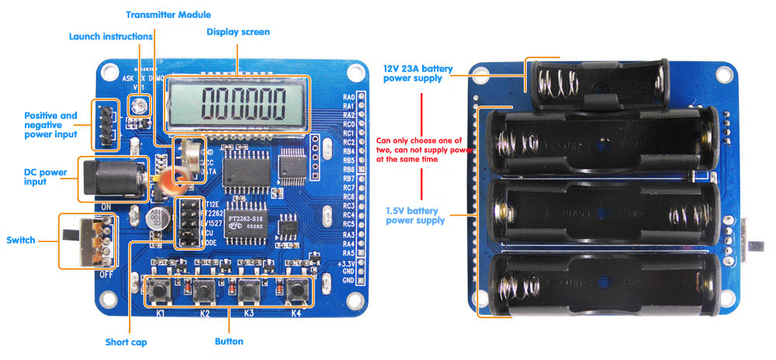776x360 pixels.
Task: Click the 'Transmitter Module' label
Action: [168, 14]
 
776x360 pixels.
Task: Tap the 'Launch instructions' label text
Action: [110, 36]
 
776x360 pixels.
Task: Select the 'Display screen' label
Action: [238, 32]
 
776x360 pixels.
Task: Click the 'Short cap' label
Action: [126, 341]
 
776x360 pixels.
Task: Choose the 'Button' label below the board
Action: [229, 341]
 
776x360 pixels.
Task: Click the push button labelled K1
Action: [161, 291]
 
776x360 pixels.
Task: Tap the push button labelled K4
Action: [296, 291]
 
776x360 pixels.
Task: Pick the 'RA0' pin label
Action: [348, 97]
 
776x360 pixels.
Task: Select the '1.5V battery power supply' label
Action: [415, 215]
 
